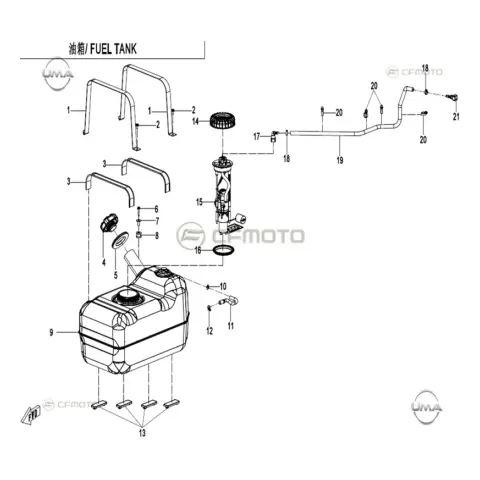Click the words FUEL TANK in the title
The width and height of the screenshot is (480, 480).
click(113, 49)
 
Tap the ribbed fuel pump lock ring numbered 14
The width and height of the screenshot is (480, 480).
click(223, 121)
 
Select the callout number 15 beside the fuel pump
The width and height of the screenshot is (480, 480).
click(199, 202)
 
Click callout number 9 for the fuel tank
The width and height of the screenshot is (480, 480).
click(51, 332)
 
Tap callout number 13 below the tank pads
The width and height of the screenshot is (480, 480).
click(142, 433)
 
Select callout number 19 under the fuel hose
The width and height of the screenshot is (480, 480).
click(340, 160)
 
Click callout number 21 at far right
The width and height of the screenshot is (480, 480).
click(456, 117)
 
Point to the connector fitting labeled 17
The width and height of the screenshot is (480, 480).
click(273, 136)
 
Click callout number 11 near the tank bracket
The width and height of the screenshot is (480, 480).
click(231, 326)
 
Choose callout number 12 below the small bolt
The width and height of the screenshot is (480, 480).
click(209, 331)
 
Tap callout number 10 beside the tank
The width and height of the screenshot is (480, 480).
click(223, 286)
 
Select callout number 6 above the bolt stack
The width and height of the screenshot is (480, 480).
click(156, 209)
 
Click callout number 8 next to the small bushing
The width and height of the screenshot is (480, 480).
click(156, 236)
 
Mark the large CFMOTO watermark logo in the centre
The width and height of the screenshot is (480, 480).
click(240, 236)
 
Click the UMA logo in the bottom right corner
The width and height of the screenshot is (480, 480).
click(427, 406)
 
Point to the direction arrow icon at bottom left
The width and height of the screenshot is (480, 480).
click(31, 413)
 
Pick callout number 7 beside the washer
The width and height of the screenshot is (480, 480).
click(157, 221)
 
